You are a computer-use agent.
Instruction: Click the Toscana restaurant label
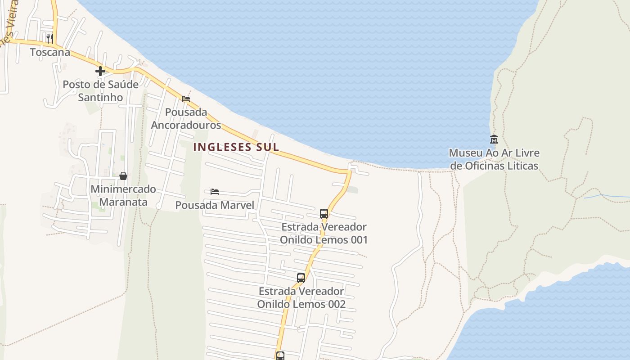click(x=50, y=52)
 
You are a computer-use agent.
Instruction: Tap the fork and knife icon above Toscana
click(x=50, y=38)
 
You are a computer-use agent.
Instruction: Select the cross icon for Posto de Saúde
click(x=100, y=71)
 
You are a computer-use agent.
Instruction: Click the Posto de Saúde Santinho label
click(x=100, y=90)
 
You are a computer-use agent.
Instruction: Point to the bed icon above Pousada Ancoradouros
click(x=186, y=99)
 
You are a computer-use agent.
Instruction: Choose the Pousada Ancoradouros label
click(x=186, y=118)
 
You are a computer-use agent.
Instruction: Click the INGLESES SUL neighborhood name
click(x=236, y=147)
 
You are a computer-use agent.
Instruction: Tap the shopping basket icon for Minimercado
click(x=123, y=175)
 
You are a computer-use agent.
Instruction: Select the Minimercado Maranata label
click(x=123, y=195)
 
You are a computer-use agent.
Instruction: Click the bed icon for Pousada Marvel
click(x=215, y=192)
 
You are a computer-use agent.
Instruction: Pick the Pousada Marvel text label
click(x=215, y=206)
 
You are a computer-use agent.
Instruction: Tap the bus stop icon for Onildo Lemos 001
click(x=324, y=213)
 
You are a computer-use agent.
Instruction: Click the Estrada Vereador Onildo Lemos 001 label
click(x=324, y=233)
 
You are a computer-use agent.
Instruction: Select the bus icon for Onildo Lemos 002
click(x=301, y=278)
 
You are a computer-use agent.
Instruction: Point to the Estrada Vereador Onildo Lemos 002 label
click(x=301, y=297)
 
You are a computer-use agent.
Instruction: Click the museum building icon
click(x=494, y=139)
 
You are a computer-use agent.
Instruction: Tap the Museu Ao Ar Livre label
click(x=494, y=159)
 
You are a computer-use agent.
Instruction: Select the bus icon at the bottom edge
click(x=280, y=356)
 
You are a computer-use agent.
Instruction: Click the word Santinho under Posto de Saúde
click(x=100, y=97)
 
